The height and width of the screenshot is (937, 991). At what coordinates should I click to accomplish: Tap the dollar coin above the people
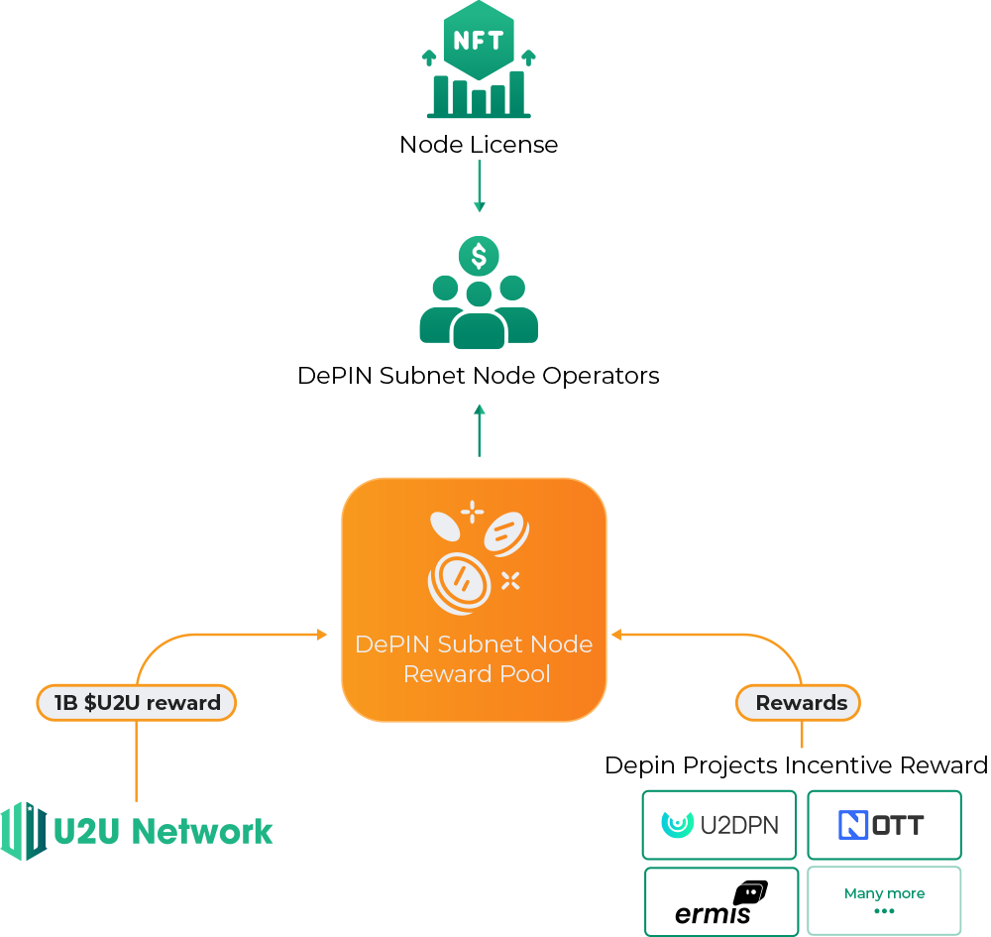coord(479,257)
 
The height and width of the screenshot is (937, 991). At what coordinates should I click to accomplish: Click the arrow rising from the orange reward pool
coord(480,429)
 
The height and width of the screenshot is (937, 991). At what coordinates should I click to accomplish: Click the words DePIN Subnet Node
coord(474,644)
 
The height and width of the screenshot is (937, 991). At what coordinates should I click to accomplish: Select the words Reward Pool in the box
coord(477,674)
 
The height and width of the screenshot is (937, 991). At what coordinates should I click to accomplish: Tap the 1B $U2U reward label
coord(137,703)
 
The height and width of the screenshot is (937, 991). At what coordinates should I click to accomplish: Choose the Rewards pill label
coord(800,703)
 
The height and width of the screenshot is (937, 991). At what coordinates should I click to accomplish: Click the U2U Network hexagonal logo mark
coord(24,831)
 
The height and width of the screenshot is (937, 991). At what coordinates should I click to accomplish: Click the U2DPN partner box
coord(719,824)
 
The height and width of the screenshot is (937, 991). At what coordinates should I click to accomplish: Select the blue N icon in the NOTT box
coord(853,824)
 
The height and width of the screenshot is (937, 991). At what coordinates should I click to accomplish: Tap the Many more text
coord(884,893)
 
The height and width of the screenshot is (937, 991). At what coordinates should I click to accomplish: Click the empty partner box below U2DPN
coord(721,901)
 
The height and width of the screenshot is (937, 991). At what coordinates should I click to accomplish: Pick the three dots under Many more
coord(884,911)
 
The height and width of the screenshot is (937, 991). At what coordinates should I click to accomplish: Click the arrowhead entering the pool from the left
coord(322,634)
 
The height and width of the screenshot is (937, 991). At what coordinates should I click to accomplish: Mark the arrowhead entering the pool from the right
coord(615,634)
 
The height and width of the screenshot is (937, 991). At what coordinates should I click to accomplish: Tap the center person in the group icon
coord(479,317)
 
